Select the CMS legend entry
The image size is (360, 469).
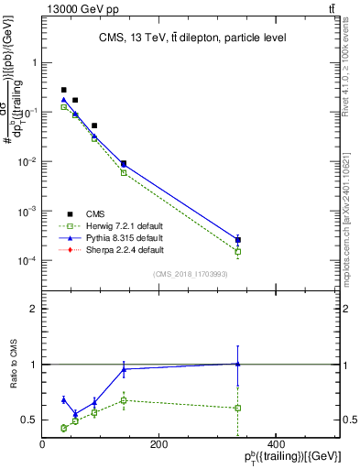pos(82,213)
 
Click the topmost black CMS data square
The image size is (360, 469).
pos(63,90)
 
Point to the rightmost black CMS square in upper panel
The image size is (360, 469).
pos(238,240)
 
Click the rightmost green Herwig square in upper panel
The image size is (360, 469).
pos(238,252)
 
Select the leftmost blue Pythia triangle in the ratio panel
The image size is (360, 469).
pos(63,399)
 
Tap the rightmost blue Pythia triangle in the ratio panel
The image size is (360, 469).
pos(238,364)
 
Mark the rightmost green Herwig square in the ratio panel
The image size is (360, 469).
pos(238,408)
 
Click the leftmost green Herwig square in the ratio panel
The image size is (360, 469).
pos(63,428)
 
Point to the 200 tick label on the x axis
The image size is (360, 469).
pos(158,444)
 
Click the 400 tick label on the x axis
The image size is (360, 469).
pos(275,444)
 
